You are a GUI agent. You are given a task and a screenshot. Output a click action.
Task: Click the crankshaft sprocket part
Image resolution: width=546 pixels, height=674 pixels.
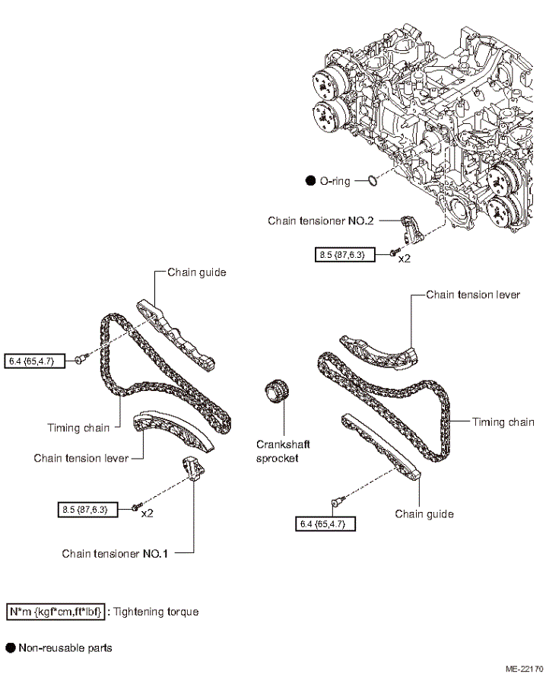(277, 392)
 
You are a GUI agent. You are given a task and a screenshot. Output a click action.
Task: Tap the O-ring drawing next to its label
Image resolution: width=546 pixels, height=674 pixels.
(373, 180)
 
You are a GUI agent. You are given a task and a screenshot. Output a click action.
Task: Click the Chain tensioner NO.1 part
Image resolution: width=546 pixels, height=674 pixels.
(194, 469)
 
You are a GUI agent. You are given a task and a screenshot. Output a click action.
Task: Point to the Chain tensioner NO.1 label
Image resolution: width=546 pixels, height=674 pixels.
(115, 554)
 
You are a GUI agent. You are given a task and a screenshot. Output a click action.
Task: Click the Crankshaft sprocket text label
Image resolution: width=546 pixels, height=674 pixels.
(283, 451)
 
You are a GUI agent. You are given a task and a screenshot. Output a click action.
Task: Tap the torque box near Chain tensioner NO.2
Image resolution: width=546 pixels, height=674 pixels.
(345, 255)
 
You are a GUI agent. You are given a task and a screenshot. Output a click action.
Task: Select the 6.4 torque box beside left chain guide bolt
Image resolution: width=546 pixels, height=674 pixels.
(35, 361)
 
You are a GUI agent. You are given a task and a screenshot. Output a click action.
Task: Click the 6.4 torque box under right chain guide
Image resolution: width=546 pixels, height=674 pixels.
(325, 524)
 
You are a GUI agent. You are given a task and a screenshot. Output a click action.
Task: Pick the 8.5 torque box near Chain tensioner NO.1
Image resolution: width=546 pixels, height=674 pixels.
(87, 510)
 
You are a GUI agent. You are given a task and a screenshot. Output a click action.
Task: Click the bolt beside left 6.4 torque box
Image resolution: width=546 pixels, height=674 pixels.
(81, 358)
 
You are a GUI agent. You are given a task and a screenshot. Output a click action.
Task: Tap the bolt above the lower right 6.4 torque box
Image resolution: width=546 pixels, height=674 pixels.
(337, 501)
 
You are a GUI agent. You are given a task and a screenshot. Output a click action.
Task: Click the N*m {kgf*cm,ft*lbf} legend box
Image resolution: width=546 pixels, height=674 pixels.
(56, 612)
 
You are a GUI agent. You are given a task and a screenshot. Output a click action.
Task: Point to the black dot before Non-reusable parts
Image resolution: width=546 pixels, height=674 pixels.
(11, 648)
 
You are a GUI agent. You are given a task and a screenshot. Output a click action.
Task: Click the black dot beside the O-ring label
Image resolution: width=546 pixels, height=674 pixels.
(310, 181)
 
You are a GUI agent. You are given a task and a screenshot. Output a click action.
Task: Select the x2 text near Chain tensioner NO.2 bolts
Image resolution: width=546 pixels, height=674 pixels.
(405, 259)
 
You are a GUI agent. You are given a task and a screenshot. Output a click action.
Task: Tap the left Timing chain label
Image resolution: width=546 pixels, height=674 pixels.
(78, 428)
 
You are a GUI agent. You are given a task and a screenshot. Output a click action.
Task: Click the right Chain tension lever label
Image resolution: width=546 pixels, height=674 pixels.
(473, 295)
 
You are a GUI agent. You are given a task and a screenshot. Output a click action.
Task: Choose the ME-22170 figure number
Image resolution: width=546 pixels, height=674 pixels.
(525, 669)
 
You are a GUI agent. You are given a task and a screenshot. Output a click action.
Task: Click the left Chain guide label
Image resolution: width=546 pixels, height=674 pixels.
(197, 272)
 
